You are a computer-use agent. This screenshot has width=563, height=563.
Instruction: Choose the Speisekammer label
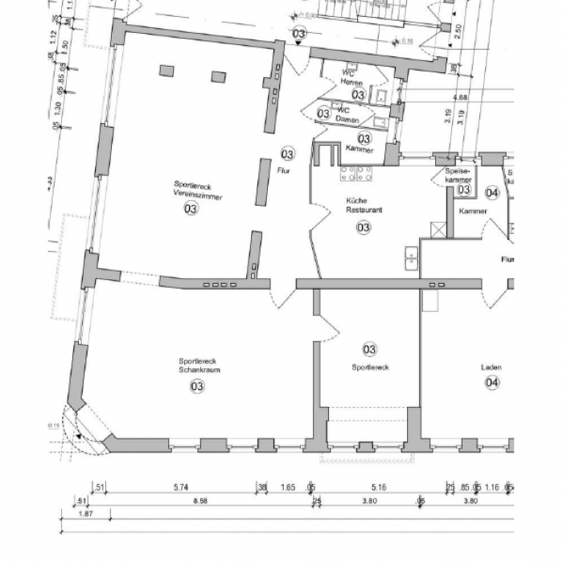458,176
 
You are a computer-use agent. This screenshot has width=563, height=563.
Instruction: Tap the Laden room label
491,368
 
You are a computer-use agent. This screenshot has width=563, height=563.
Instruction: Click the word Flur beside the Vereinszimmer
283,171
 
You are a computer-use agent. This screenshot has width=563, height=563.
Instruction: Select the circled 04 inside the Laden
492,383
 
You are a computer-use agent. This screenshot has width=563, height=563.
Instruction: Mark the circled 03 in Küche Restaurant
364,228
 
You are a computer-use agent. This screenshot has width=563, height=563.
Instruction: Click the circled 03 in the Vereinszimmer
191,209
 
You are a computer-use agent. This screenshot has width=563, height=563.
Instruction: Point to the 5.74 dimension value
181,487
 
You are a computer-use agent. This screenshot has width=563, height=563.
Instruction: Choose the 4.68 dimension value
461,97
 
